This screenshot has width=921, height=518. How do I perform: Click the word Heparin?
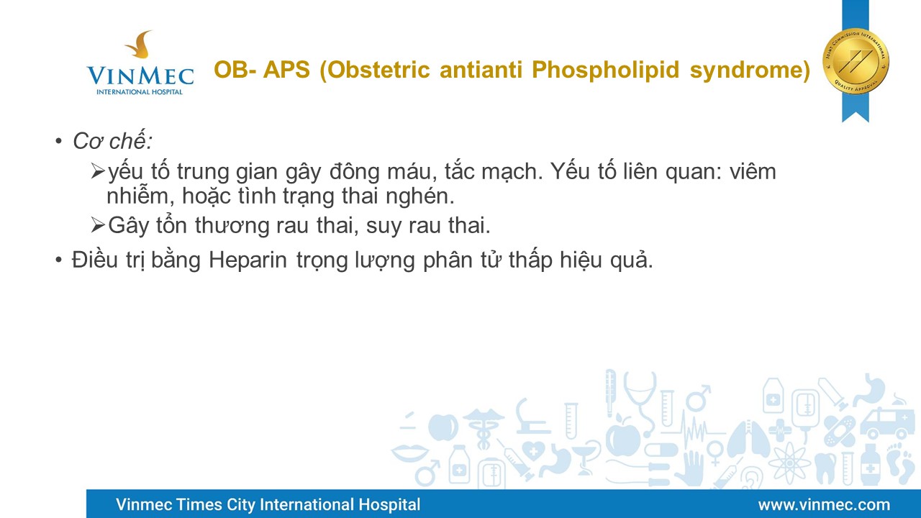(x=248, y=260)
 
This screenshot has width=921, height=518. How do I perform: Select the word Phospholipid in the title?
(x=605, y=71)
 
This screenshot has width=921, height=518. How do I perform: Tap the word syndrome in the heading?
(x=750, y=71)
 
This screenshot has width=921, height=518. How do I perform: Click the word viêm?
(x=753, y=171)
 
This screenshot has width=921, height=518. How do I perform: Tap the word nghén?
(x=419, y=196)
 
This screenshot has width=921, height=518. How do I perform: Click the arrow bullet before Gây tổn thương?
(x=98, y=225)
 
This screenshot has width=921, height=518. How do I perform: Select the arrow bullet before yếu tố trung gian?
(x=98, y=171)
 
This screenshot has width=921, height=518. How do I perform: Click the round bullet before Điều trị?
(x=58, y=260)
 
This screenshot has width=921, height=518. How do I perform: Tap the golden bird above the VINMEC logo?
(x=139, y=44)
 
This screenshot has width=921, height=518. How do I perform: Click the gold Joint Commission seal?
(x=856, y=62)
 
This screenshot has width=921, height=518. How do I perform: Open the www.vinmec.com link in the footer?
(x=824, y=504)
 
